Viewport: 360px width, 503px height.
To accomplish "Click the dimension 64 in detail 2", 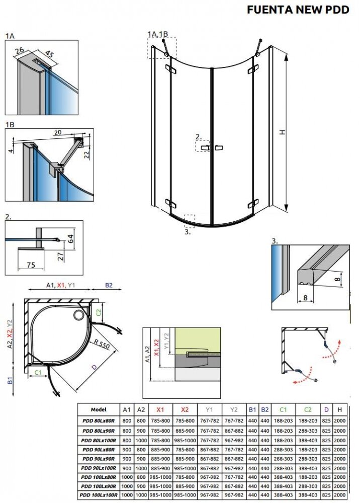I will (x=70, y=238).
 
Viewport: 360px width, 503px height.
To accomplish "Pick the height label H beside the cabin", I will (x=283, y=132).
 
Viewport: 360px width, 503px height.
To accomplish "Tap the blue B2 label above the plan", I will (x=109, y=286).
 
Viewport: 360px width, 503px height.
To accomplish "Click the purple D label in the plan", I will (x=94, y=367).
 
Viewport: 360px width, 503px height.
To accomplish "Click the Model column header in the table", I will (x=99, y=409).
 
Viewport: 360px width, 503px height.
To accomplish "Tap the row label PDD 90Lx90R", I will (x=99, y=459).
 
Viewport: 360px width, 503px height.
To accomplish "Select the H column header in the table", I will (x=340, y=409).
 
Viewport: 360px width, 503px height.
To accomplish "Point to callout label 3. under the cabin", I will (x=187, y=232).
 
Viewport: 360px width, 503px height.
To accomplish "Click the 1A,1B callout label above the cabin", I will (x=157, y=34).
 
